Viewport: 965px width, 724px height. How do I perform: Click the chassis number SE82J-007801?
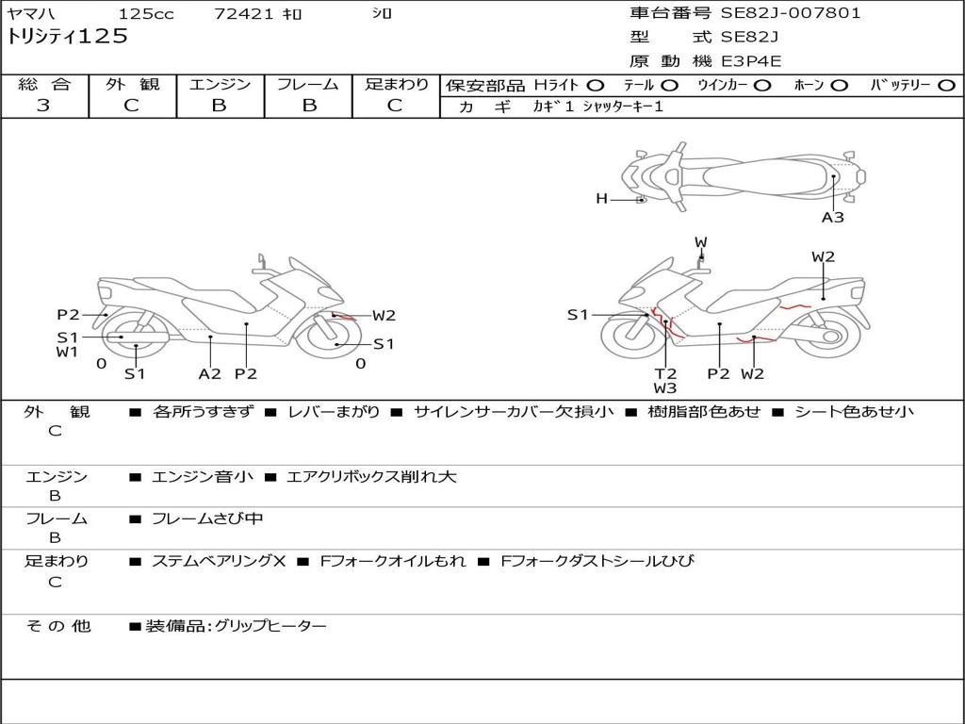(x=791, y=13)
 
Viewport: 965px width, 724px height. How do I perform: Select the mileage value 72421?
(x=244, y=14)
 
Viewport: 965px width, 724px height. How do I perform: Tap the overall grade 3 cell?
(x=43, y=106)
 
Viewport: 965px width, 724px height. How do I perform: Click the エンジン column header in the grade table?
(x=220, y=85)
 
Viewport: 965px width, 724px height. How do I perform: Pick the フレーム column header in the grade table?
(x=308, y=85)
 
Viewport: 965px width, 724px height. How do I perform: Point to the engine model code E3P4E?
(x=751, y=61)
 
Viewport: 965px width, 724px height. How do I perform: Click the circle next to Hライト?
(x=596, y=86)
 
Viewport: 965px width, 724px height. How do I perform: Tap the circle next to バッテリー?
(x=946, y=86)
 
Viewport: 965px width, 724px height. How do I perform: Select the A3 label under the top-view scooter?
(x=832, y=218)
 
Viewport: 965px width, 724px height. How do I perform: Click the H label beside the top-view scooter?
(x=601, y=199)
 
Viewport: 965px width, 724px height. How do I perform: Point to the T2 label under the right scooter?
(x=665, y=373)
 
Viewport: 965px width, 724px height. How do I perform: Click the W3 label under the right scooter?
(x=665, y=387)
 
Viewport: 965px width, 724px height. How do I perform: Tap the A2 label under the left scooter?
(x=209, y=373)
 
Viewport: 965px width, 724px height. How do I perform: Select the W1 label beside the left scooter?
(x=66, y=353)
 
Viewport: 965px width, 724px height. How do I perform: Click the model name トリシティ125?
(x=67, y=37)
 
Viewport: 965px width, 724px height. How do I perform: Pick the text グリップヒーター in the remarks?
(x=270, y=625)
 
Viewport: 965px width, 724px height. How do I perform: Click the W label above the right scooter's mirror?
(x=701, y=242)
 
